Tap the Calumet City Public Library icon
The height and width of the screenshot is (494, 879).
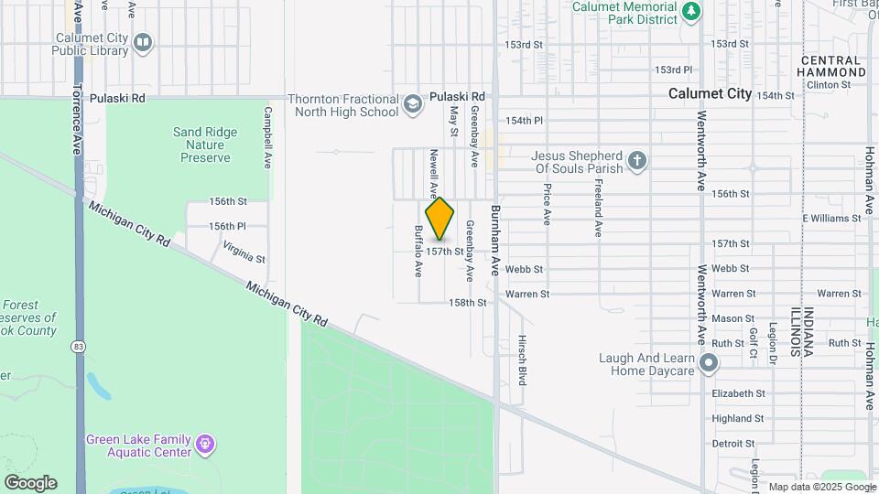142,42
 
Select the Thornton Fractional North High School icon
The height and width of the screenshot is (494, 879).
413,103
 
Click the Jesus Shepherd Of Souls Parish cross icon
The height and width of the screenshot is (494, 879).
637,163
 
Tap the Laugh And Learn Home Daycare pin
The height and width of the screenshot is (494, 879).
708,364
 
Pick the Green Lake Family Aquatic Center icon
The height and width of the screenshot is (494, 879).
205,446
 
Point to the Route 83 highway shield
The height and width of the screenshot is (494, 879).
81,347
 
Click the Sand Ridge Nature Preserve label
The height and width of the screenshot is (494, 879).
205,145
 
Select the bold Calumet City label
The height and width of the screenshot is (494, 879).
710,93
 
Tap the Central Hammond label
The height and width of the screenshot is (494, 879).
830,65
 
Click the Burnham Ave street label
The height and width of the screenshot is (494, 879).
495,241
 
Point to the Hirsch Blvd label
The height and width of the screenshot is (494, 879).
522,359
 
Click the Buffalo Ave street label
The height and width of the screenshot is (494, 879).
418,252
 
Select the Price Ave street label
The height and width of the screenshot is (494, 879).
547,205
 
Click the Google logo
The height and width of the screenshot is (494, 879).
30,483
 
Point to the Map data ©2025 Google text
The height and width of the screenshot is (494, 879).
820,487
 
